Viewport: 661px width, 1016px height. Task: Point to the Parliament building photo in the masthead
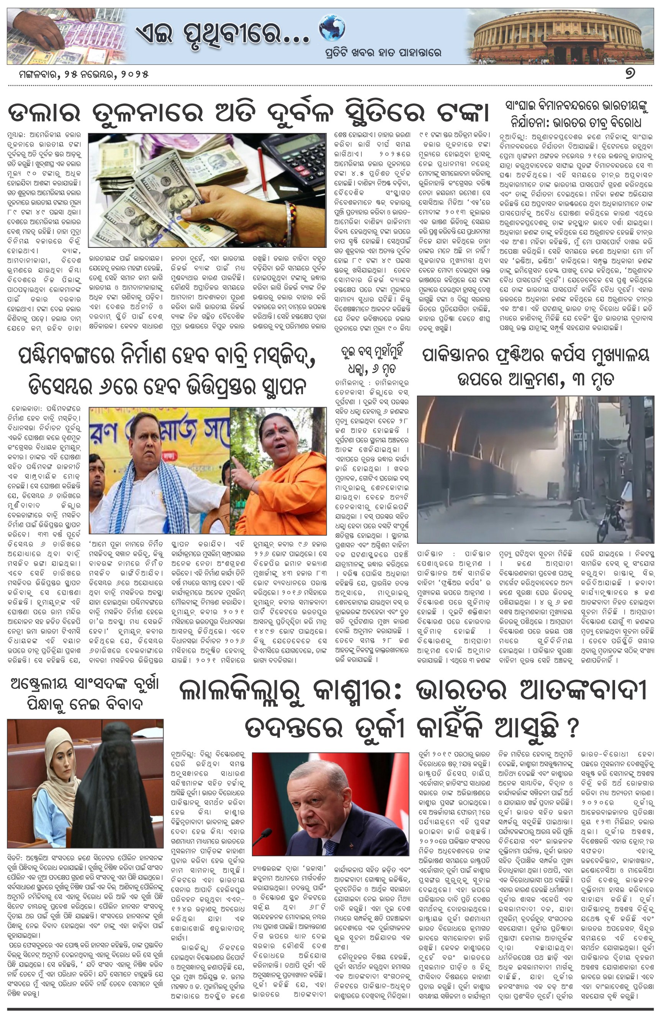point(561,37)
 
